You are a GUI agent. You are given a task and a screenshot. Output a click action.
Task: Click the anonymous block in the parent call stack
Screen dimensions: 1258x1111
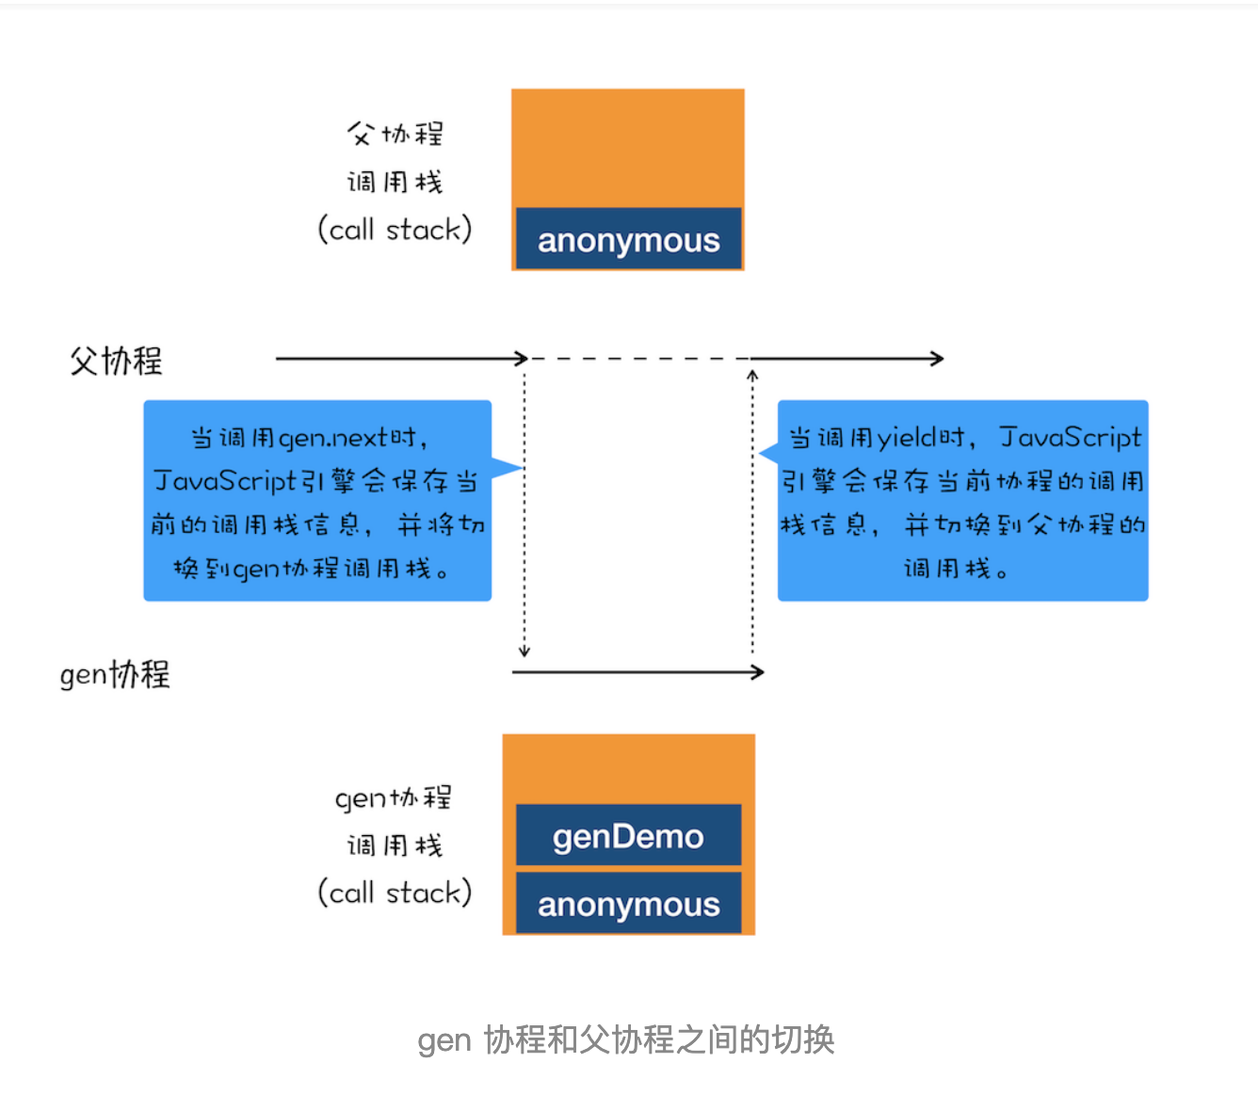(628, 238)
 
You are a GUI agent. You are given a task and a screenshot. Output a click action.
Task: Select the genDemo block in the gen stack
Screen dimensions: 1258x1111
(628, 834)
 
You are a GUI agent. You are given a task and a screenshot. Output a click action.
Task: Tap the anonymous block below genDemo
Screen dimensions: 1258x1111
(628, 903)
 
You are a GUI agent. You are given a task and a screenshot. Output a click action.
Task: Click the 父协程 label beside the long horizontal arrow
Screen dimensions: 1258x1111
(116, 361)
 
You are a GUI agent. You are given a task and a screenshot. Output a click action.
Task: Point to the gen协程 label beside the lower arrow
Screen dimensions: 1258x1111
(115, 674)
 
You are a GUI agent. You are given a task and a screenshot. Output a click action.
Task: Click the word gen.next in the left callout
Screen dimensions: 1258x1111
(333, 439)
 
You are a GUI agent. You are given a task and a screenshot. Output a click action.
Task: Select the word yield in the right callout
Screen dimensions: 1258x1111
(907, 439)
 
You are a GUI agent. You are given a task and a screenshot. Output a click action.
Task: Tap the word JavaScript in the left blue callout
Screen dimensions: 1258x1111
(225, 481)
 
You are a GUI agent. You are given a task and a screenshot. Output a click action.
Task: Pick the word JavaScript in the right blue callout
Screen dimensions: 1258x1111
(1071, 438)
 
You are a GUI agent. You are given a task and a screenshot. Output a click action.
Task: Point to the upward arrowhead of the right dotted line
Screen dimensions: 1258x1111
(752, 375)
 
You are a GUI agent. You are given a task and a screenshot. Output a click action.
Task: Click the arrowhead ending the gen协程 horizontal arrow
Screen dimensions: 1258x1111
(758, 672)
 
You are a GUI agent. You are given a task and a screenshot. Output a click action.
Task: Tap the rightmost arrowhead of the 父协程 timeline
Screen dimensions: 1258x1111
(937, 359)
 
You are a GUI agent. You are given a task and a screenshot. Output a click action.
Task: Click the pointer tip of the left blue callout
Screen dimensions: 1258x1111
(523, 468)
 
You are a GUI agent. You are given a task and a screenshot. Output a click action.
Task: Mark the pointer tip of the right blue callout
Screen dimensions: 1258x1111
(759, 453)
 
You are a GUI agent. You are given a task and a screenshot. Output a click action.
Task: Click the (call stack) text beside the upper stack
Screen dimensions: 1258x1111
(395, 230)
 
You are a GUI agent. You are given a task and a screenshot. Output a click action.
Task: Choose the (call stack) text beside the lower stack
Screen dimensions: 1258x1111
(395, 893)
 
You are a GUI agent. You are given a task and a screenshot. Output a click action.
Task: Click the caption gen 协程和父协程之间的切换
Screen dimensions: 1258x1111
(626, 1039)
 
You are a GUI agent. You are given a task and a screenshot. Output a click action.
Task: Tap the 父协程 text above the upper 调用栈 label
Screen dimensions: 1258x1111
(395, 134)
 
